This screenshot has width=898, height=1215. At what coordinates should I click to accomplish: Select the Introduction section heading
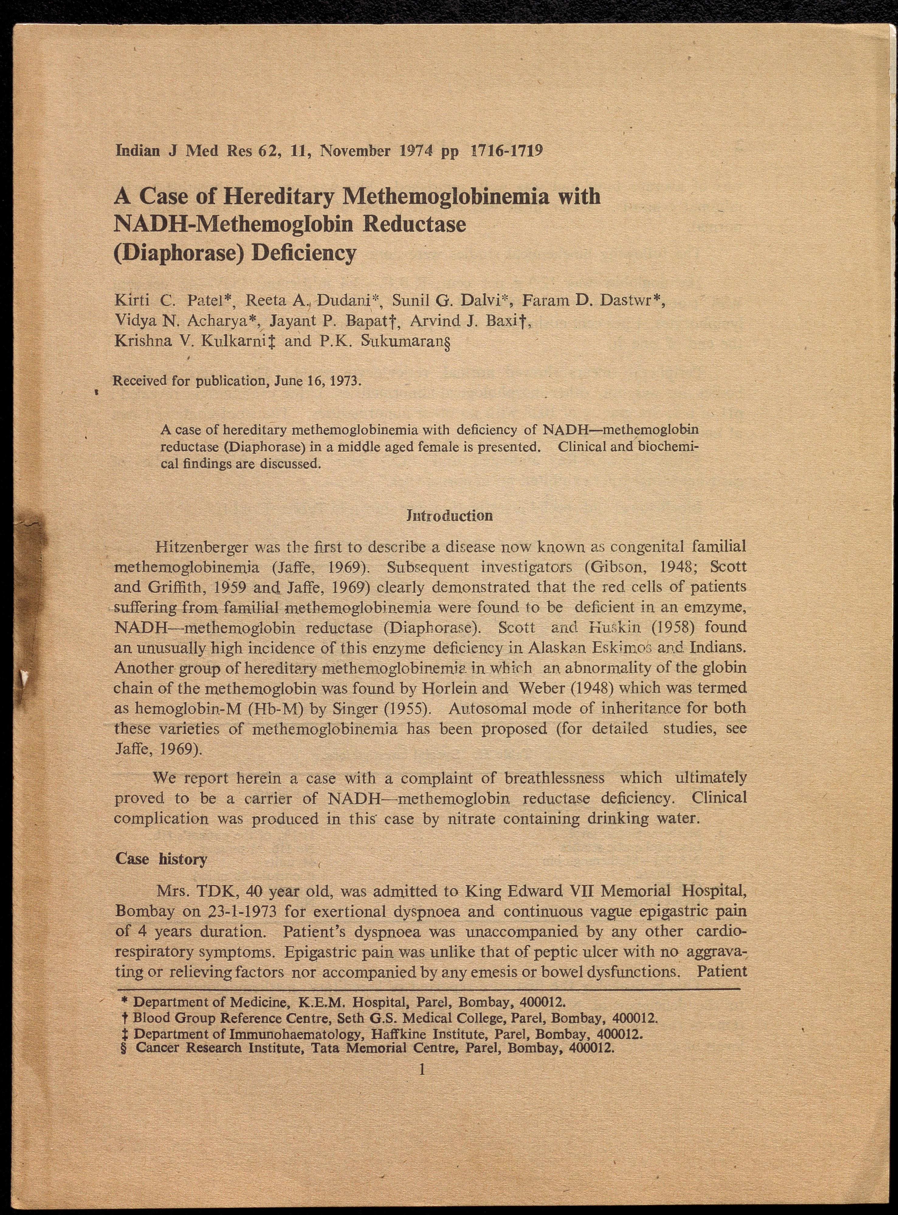tap(449, 515)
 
